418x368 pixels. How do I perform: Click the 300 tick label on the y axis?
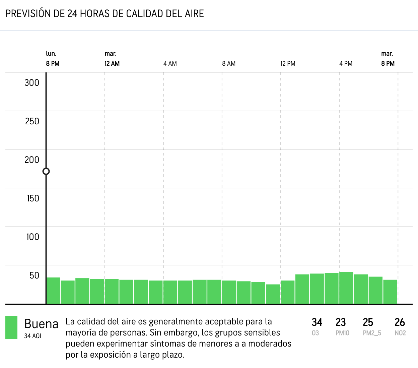[32, 83]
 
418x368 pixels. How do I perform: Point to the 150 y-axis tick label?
[33, 198]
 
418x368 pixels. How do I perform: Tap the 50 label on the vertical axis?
[34, 275]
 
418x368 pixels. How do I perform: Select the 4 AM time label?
[170, 63]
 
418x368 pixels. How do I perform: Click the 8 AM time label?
[229, 63]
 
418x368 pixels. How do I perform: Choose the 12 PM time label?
[288, 63]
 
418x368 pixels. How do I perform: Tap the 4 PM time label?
[346, 63]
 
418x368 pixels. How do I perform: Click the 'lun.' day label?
[51, 54]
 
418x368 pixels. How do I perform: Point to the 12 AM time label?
[112, 63]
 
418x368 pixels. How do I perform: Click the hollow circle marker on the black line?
[46, 171]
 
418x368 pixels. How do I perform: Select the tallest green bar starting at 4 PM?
[346, 288]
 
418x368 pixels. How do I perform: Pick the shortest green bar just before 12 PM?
[273, 294]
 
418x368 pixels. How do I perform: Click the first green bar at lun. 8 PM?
[53, 291]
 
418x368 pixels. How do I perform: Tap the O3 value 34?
[317, 322]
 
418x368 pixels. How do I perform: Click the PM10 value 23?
[341, 322]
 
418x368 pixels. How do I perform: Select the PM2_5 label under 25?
[372, 333]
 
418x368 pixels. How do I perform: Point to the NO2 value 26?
[400, 322]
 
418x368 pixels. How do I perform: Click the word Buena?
[41, 324]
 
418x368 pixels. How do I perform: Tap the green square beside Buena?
[11, 327]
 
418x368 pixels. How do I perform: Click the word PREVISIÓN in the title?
[28, 14]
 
